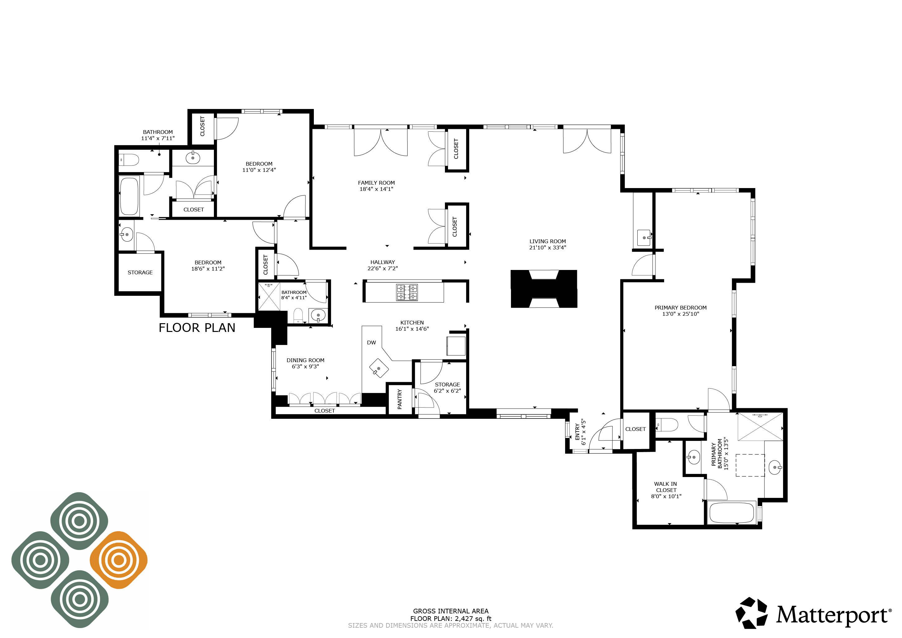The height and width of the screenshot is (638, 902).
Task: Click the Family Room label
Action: pyautogui.click(x=376, y=183)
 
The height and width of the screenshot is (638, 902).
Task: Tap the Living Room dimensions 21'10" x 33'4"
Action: pyautogui.click(x=547, y=248)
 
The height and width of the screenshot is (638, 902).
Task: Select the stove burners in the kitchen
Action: pyautogui.click(x=407, y=292)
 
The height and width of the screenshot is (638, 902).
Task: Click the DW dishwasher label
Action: pyautogui.click(x=371, y=343)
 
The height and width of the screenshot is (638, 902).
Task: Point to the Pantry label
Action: pyautogui.click(x=399, y=399)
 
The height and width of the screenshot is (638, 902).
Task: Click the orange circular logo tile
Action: pyautogui.click(x=119, y=560)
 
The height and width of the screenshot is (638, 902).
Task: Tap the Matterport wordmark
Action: pyautogui.click(x=831, y=616)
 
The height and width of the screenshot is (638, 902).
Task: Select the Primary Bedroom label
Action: pyautogui.click(x=680, y=308)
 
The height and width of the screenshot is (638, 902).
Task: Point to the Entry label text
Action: pyautogui.click(x=577, y=432)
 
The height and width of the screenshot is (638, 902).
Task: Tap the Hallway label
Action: pyautogui.click(x=382, y=262)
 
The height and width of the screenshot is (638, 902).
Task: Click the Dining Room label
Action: pyautogui.click(x=305, y=360)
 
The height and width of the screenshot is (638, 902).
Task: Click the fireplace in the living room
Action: pyautogui.click(x=544, y=289)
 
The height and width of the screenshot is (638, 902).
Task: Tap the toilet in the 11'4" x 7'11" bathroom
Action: pyautogui.click(x=129, y=160)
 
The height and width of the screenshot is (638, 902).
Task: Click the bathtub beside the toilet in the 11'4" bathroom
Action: pyautogui.click(x=129, y=196)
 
